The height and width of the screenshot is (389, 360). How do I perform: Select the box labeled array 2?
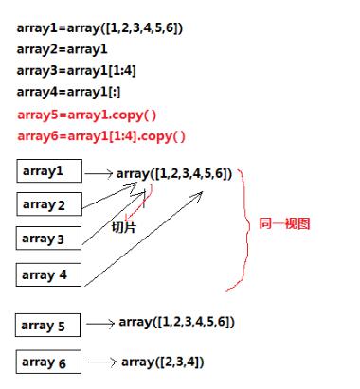(49, 205)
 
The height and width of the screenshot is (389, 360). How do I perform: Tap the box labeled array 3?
(49, 239)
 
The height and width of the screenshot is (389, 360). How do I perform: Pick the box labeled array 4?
(49, 275)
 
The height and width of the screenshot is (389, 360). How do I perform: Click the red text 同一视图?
(284, 224)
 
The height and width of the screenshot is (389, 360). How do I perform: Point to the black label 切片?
(124, 227)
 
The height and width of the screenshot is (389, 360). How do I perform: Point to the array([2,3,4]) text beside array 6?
(161, 362)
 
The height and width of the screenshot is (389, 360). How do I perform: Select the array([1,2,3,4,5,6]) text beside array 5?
(177, 323)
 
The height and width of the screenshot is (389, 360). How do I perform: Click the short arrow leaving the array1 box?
(98, 175)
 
